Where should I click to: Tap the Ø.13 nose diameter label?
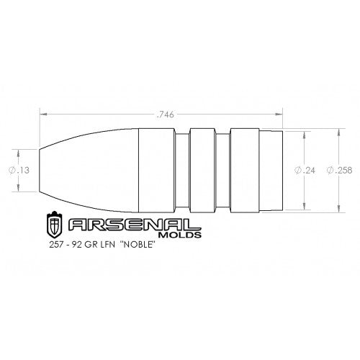tap(19, 170)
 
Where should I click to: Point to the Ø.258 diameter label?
tap(338, 171)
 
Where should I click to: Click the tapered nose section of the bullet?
tap(86, 170)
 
